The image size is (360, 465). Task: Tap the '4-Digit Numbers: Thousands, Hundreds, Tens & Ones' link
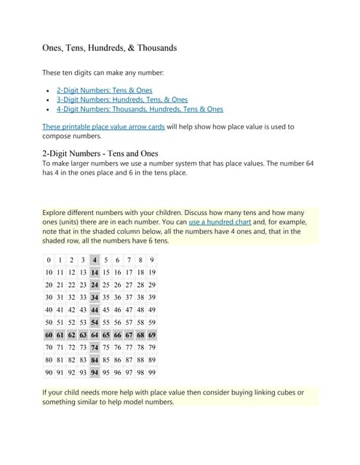tap(140, 109)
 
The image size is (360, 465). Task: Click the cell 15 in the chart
tap(107, 272)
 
